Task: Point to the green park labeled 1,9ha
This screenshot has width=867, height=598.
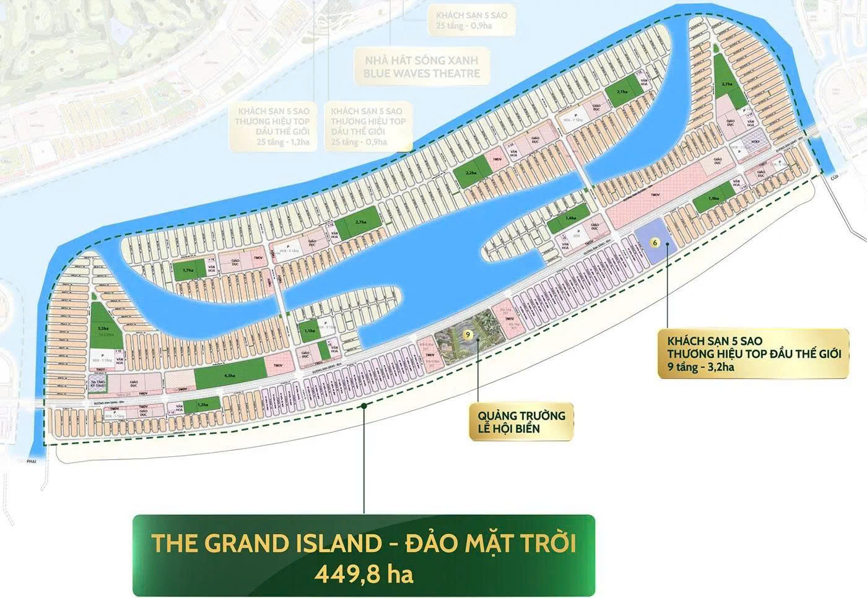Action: pyautogui.click(x=713, y=199)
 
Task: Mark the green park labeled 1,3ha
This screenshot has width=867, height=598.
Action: pyautogui.click(x=203, y=404)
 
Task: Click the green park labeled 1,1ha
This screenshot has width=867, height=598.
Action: pyautogui.click(x=310, y=331)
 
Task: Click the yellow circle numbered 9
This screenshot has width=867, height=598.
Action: pyautogui.click(x=469, y=335)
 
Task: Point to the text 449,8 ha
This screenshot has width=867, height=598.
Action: pyautogui.click(x=364, y=574)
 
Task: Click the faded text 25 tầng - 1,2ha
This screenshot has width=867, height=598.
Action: pyautogui.click(x=272, y=142)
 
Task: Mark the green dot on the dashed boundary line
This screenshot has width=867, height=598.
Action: pyautogui.click(x=364, y=407)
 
